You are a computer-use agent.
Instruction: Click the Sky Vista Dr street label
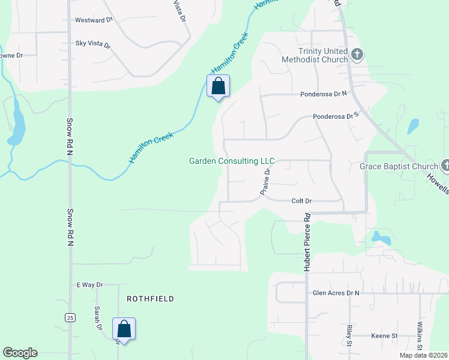coord(93,44)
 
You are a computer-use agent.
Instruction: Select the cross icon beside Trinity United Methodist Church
coord(357,56)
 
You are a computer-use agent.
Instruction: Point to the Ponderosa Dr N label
coord(324,94)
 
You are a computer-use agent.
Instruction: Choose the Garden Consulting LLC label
coord(232,161)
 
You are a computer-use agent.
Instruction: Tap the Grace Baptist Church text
coord(399,166)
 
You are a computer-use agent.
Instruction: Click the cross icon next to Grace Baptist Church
coord(445,165)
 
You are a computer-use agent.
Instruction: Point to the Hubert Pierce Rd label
coord(307,242)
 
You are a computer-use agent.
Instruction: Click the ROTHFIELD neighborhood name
coord(150,299)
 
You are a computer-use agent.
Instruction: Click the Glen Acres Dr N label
coord(336,293)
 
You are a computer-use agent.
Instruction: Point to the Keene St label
coord(384,335)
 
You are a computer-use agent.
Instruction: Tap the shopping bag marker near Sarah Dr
coord(124,329)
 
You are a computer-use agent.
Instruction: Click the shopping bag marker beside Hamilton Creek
coord(218,86)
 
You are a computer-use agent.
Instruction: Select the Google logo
coord(20,353)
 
